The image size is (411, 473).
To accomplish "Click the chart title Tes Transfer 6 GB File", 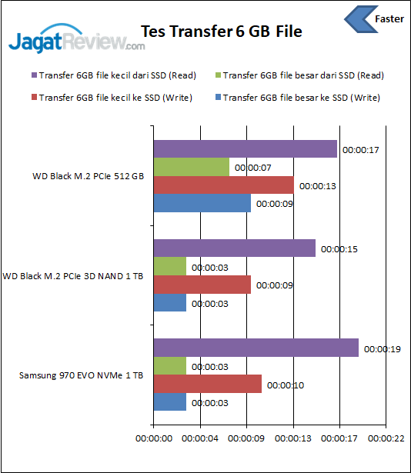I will (221, 32).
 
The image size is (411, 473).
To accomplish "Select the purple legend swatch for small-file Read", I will (34, 75).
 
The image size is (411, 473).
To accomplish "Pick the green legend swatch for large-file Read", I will (219, 75).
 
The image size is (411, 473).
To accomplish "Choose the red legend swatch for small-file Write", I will (34, 98).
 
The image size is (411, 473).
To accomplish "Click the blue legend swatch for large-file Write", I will (219, 98).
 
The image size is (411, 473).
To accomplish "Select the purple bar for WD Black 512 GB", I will (245, 148).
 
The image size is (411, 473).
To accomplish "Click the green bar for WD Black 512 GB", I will (191, 167).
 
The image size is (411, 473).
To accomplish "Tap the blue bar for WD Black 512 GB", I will (202, 204).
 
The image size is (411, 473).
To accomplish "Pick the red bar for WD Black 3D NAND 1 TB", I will (202, 285).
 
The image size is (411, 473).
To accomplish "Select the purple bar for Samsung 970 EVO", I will (256, 348).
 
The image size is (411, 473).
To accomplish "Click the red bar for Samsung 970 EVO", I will (207, 385).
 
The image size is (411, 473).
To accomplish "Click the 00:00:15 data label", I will (338, 249).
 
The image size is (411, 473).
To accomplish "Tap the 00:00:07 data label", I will (251, 168).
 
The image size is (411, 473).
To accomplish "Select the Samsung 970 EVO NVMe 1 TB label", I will (81, 375).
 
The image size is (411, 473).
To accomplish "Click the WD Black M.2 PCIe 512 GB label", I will (88, 176).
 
